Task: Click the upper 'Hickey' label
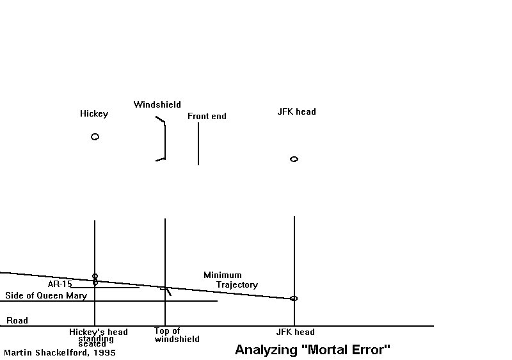click(x=94, y=114)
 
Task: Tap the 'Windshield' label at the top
click(x=157, y=104)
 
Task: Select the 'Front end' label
click(x=207, y=117)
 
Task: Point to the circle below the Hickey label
click(x=95, y=136)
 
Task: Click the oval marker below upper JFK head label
click(x=294, y=159)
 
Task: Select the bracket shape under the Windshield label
click(x=163, y=139)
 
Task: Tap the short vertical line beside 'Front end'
click(x=198, y=143)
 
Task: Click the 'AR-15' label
click(x=60, y=284)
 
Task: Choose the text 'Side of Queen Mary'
click(x=45, y=296)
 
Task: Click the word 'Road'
click(x=17, y=320)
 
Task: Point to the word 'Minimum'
click(x=222, y=275)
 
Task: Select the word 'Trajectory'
click(x=237, y=285)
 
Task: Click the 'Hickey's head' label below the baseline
click(x=99, y=332)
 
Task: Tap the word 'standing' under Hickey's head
click(x=96, y=339)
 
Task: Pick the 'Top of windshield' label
click(x=177, y=335)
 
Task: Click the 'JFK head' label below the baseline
click(x=295, y=332)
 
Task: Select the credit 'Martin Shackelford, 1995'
click(x=60, y=352)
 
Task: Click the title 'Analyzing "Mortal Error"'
click(x=312, y=350)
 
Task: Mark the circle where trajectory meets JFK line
click(x=294, y=299)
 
